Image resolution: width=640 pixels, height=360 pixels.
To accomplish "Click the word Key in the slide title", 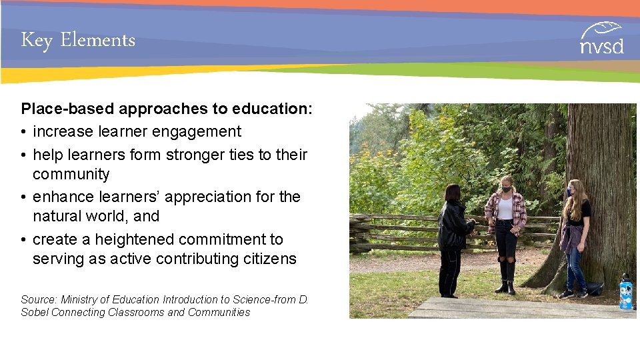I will click(x=36, y=41).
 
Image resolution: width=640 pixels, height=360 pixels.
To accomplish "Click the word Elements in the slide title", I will click(x=97, y=40).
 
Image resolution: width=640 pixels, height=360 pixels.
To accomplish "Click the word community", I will click(x=71, y=175).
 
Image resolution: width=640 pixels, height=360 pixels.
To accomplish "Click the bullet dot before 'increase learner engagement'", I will click(x=24, y=133).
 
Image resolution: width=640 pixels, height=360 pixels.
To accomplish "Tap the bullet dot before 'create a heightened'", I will click(x=24, y=240).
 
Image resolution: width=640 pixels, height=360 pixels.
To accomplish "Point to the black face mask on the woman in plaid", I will click(x=506, y=189).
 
